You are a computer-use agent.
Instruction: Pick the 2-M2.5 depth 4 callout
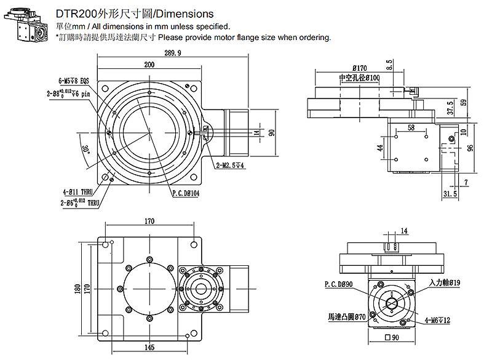click(231, 166)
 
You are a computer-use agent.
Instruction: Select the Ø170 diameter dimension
click(360, 68)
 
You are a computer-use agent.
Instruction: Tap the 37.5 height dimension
click(450, 108)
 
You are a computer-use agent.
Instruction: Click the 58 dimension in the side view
click(411, 127)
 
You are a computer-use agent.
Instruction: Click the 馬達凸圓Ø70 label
click(347, 317)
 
